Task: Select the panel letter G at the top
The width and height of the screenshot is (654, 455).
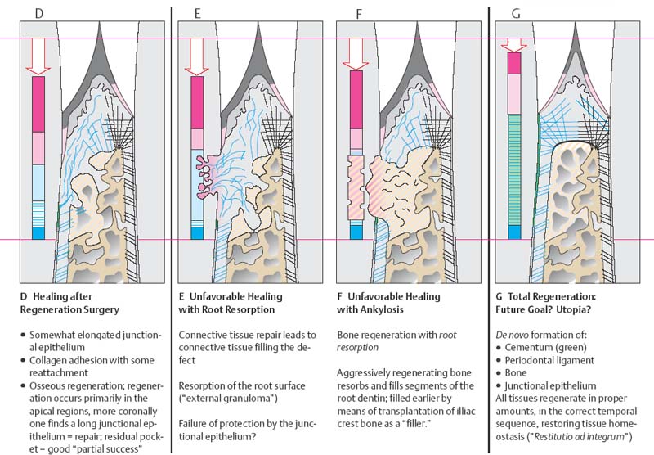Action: pyautogui.click(x=515, y=14)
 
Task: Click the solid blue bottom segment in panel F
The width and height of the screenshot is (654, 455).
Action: pyautogui.click(x=355, y=232)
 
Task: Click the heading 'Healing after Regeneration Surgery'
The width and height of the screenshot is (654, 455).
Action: pyautogui.click(x=73, y=303)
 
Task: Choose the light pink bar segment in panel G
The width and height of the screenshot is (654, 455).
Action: pyautogui.click(x=514, y=94)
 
